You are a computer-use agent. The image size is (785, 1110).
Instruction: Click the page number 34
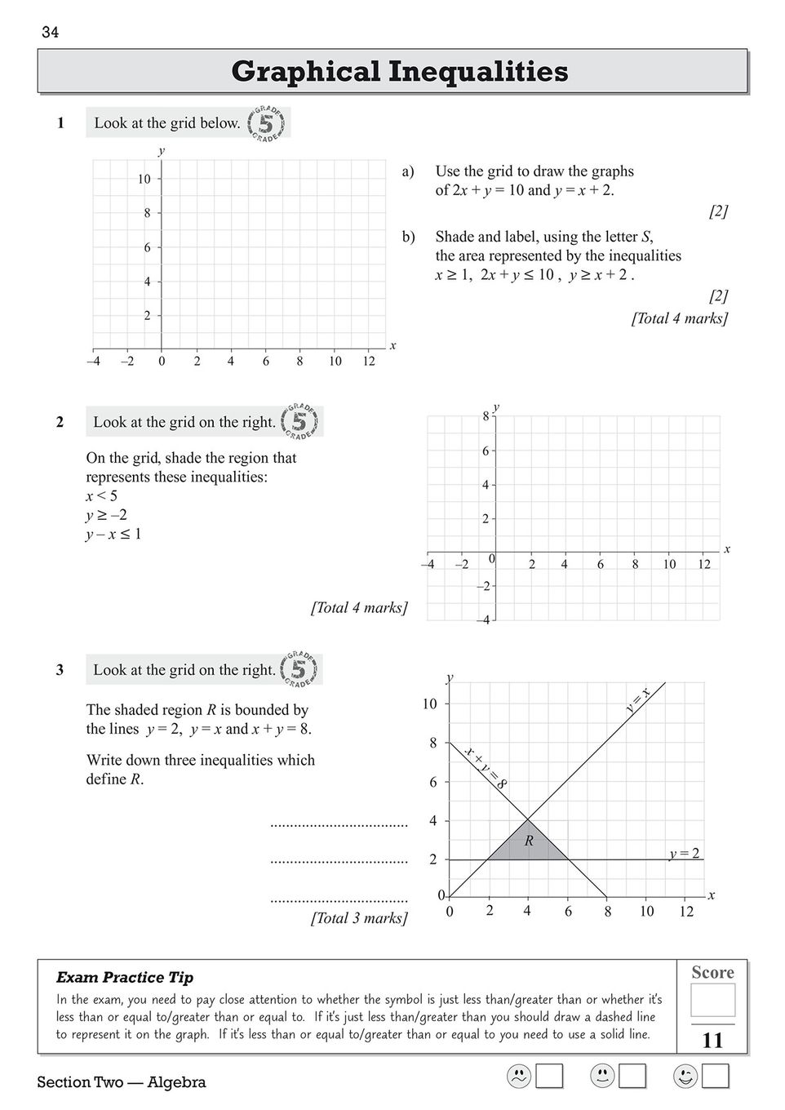click(x=50, y=33)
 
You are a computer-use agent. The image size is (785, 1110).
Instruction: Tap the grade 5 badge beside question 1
click(x=267, y=123)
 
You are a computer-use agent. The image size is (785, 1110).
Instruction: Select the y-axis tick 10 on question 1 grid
click(x=144, y=179)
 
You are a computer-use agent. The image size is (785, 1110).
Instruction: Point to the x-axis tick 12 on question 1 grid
click(x=369, y=361)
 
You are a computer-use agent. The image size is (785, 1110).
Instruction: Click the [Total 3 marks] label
click(x=358, y=918)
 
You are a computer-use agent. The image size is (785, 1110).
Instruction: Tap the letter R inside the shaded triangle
click(x=529, y=841)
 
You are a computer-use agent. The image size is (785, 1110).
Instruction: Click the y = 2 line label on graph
click(x=684, y=854)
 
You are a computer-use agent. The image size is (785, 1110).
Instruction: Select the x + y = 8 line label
click(x=486, y=767)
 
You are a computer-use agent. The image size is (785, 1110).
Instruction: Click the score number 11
click(x=712, y=1040)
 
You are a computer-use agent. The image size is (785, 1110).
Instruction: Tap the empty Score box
click(x=712, y=1000)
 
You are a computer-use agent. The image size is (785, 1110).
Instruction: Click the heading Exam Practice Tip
click(x=125, y=977)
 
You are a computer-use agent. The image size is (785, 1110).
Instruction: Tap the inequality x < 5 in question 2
click(x=102, y=496)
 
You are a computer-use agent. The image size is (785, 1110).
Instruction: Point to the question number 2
click(x=60, y=422)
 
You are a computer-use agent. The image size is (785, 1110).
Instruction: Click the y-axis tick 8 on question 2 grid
click(x=486, y=416)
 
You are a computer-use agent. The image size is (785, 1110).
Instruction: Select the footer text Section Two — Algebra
click(x=121, y=1082)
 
